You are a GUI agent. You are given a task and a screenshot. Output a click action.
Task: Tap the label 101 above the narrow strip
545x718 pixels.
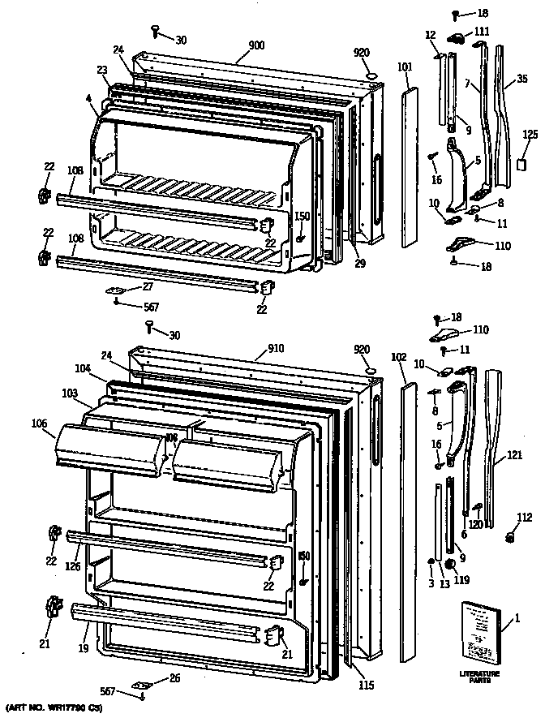[x=405, y=67]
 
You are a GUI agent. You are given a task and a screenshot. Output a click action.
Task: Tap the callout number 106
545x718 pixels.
[x=39, y=423]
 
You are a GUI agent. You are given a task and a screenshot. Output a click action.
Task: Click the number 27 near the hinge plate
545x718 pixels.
[x=147, y=286]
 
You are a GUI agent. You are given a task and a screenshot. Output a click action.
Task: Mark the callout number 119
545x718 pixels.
[x=462, y=579]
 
